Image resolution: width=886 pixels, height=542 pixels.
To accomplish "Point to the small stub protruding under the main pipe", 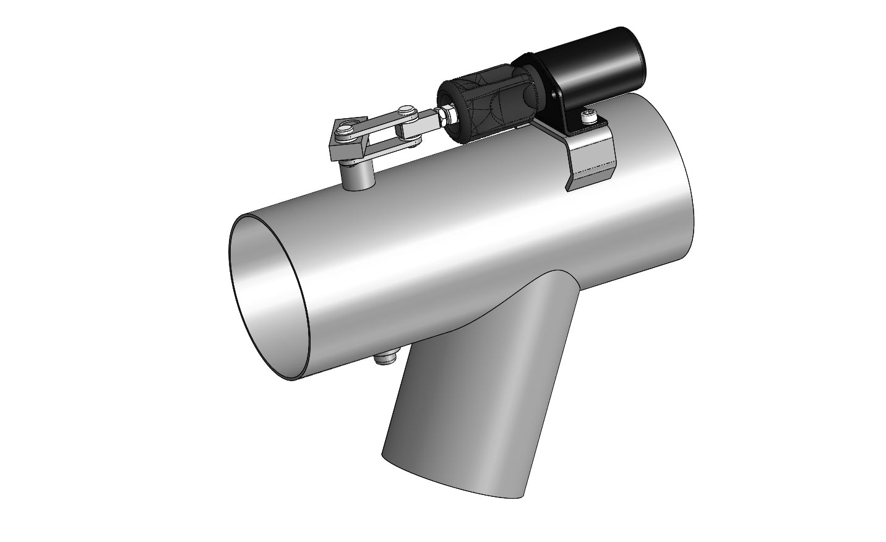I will point(384,357).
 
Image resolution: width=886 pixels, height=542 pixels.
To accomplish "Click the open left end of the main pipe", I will point(269,297).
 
